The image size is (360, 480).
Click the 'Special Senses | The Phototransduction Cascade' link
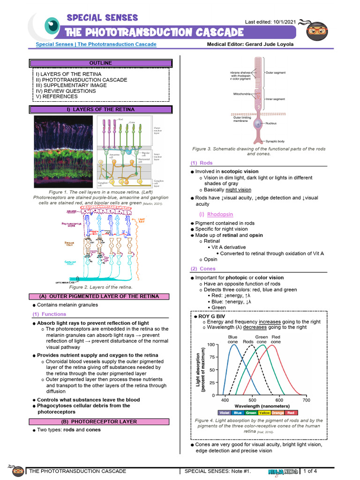click(96, 45)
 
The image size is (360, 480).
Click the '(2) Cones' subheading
click(203, 269)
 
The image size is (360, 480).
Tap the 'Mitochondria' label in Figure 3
click(244, 94)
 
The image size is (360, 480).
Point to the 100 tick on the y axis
click(211, 345)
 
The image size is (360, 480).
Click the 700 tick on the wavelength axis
click(306, 400)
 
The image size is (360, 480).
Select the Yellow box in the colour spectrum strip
click(264, 412)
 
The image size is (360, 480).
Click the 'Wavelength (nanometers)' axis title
click(262, 406)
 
